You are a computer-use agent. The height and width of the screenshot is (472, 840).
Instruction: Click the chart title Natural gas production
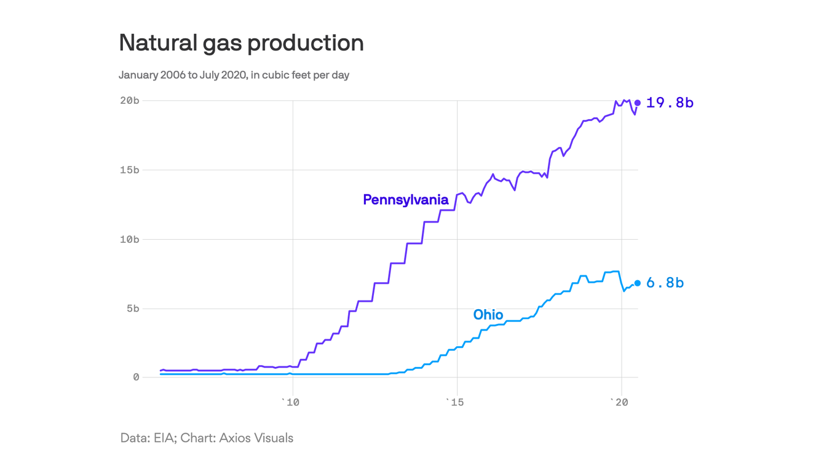click(241, 43)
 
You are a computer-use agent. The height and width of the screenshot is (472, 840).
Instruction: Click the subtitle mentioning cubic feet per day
click(234, 75)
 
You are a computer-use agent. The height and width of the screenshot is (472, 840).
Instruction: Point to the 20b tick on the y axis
click(129, 100)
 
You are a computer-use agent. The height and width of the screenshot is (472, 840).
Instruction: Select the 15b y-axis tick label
click(129, 170)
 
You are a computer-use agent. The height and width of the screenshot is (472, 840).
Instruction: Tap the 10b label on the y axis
click(129, 239)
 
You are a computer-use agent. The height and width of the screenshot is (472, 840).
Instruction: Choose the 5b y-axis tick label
click(132, 309)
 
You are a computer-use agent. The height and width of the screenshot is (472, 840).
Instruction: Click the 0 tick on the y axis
click(136, 377)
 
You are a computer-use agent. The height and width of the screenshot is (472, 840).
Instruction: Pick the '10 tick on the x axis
click(290, 402)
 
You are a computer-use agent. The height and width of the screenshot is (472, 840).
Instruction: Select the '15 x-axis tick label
click(454, 402)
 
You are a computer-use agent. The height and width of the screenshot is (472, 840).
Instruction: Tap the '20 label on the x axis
click(619, 402)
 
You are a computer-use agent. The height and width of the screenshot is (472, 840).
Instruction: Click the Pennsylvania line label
click(405, 200)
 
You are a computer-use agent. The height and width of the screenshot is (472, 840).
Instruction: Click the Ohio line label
click(488, 315)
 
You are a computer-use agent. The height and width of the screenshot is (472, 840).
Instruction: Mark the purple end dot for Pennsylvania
click(638, 103)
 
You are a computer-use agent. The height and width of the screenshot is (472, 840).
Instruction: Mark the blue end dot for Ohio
click(638, 283)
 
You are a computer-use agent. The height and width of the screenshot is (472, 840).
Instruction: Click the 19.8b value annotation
click(670, 103)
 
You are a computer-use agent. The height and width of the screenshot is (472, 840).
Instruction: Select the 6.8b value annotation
click(665, 283)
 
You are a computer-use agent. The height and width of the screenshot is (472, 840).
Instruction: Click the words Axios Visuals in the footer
click(256, 438)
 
